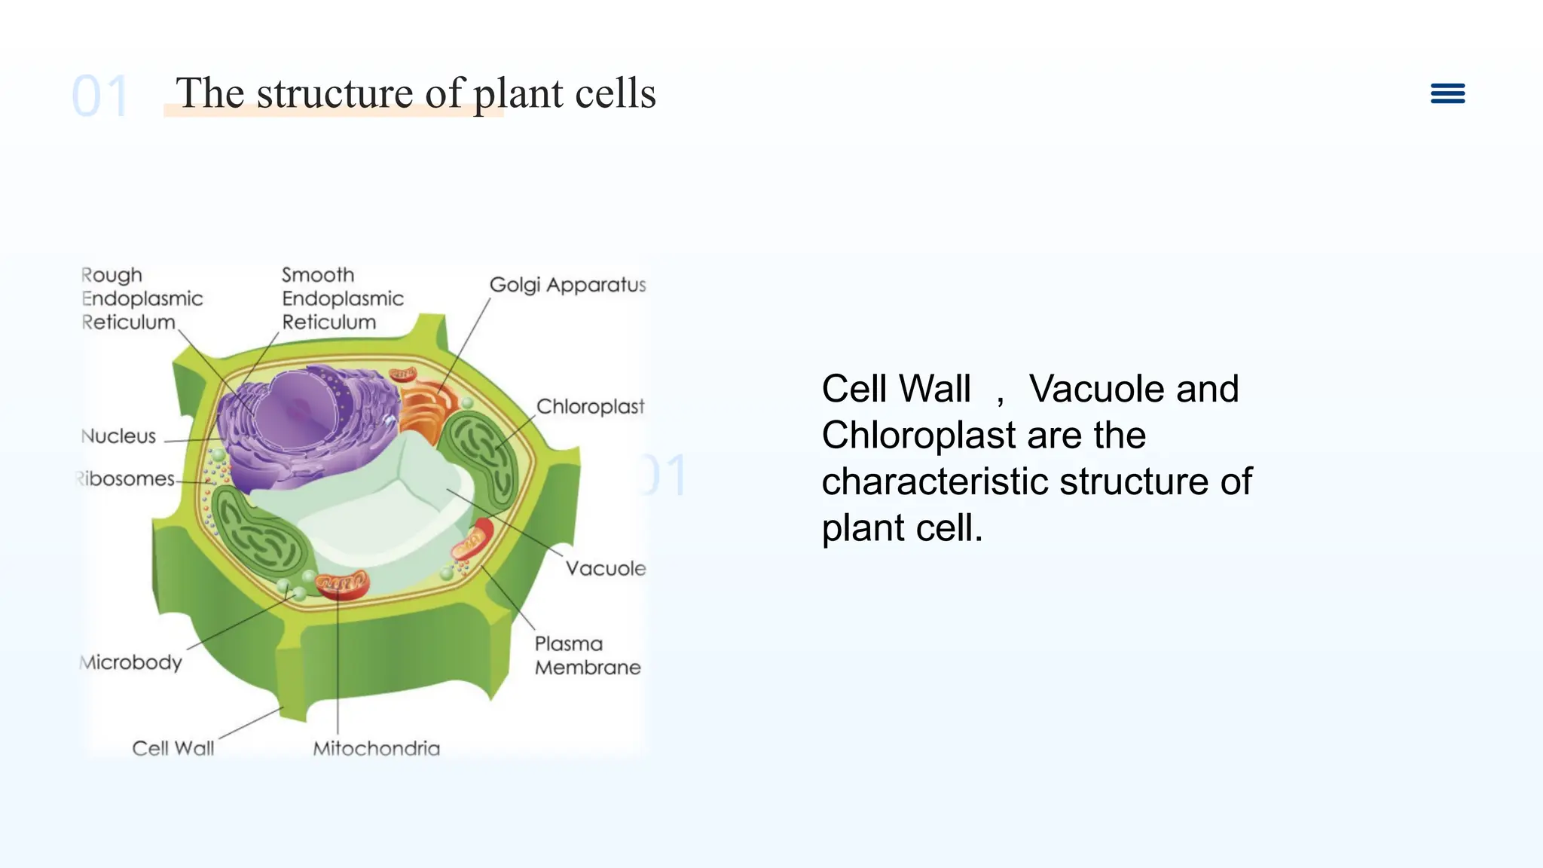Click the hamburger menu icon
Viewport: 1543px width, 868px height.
(x=1447, y=93)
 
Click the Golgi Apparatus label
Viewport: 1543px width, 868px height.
(x=567, y=285)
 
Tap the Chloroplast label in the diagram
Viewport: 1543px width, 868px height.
(x=590, y=407)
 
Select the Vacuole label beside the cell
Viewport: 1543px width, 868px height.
(x=606, y=568)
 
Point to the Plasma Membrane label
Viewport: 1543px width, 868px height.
(x=587, y=656)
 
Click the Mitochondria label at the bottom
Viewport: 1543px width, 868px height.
(x=376, y=748)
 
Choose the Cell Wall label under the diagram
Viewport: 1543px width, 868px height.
(x=173, y=748)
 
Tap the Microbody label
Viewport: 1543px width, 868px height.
(x=132, y=662)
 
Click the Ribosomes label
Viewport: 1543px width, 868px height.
(x=127, y=479)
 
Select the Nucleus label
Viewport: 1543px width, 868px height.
(x=118, y=436)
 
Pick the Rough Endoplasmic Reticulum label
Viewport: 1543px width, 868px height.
(x=141, y=298)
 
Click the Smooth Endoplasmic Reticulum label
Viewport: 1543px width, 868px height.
(x=342, y=298)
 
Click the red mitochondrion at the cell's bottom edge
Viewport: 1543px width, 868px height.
(x=343, y=584)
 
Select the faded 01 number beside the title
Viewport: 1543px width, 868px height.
(x=99, y=96)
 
